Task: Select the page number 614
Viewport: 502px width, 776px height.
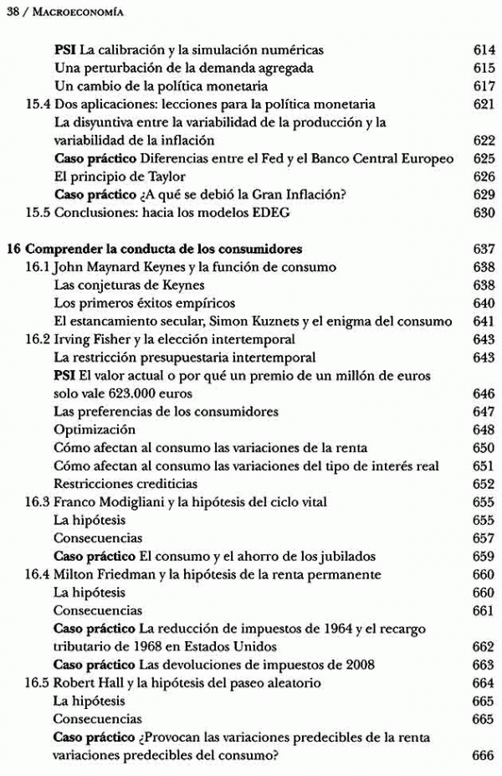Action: pos(484,50)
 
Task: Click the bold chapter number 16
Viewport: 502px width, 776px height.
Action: pos(12,249)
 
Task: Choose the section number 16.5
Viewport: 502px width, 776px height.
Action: pos(38,683)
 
